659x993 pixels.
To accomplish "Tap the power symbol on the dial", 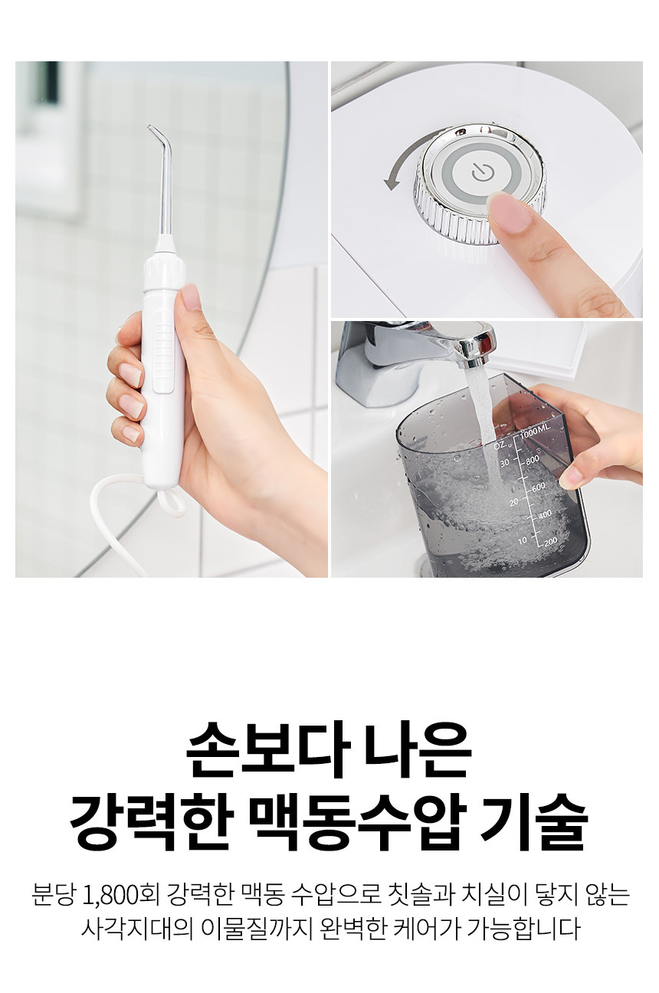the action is click(480, 172).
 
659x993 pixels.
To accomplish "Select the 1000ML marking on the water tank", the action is click(536, 430).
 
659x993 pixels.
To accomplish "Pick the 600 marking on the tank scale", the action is click(539, 487).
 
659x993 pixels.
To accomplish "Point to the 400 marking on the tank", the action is click(545, 513).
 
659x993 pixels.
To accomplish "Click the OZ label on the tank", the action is click(500, 445).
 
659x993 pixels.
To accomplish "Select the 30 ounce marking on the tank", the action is click(505, 463).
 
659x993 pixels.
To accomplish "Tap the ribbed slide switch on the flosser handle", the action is click(162, 350).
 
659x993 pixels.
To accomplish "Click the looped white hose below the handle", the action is click(170, 503).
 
